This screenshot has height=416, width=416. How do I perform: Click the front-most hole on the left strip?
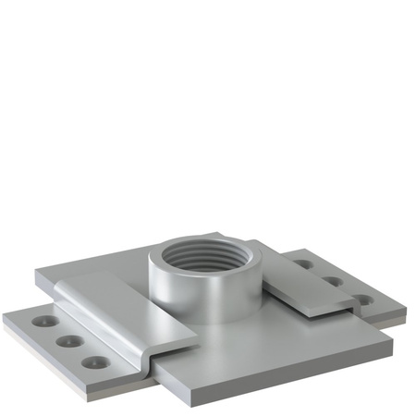[92, 361]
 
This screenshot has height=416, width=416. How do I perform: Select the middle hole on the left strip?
[67, 342]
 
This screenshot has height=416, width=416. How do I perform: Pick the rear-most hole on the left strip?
[43, 324]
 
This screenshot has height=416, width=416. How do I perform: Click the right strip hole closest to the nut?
[303, 263]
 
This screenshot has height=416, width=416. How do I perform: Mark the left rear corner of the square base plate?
[37, 273]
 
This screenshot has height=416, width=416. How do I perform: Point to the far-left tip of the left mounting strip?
[5, 318]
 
